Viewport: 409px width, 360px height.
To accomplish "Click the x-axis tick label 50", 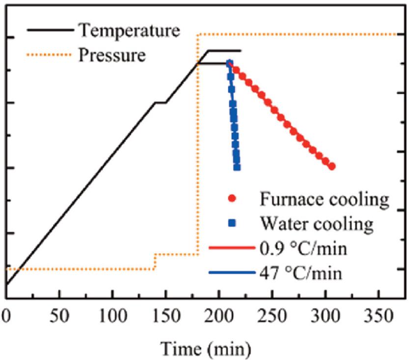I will click(59, 314).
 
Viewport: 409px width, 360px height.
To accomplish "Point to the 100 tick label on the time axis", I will click(112, 314).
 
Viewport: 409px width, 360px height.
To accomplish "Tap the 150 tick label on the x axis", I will click(165, 314).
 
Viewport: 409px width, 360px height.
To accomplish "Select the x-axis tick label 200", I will click(219, 314).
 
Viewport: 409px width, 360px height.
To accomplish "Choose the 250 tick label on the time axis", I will click(272, 314).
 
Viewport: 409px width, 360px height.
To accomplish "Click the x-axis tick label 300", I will click(325, 314).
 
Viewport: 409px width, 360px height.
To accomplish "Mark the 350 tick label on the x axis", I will click(378, 314).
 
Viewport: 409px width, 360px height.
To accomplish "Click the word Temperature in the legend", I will click(129, 30).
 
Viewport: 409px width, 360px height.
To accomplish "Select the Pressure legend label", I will click(112, 55).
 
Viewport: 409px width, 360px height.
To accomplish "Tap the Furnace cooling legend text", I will click(325, 199).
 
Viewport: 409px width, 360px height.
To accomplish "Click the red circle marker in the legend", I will click(232, 199).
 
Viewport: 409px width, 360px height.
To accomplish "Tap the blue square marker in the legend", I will click(232, 224).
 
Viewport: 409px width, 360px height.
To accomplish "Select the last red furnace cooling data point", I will click(332, 166).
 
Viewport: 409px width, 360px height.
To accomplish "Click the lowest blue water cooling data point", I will click(237, 167).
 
